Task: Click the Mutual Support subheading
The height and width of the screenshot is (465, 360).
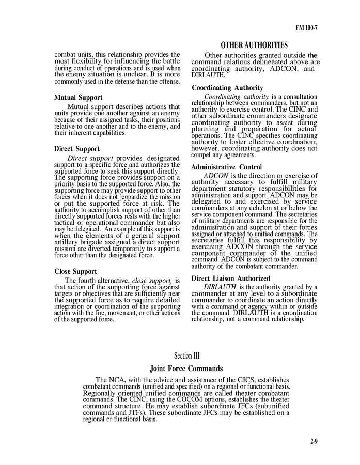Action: pos(78,97)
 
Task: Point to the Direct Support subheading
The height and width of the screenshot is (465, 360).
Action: pos(76,149)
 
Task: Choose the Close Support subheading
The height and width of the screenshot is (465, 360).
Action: pos(75,271)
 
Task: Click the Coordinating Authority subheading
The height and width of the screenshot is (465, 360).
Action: pos(227,88)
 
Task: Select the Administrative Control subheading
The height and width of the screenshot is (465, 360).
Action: pos(226,167)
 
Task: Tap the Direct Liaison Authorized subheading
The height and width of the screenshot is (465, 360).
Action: pos(230,278)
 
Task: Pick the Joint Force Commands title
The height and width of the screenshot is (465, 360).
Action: pos(186,369)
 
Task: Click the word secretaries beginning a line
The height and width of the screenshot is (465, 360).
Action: pos(208,240)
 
